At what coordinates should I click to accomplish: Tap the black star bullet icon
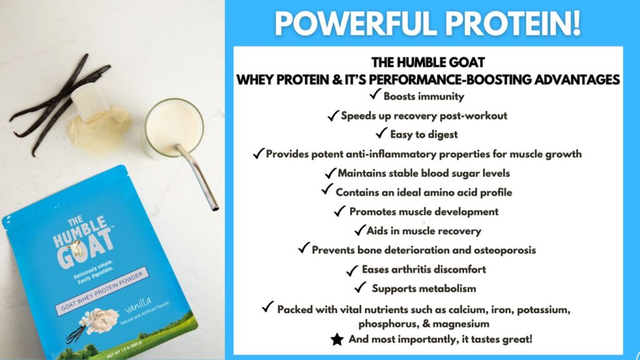pyautogui.click(x=337, y=340)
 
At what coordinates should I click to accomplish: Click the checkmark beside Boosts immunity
pyautogui.click(x=375, y=96)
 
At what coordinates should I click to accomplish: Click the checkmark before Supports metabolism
pyautogui.click(x=360, y=288)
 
